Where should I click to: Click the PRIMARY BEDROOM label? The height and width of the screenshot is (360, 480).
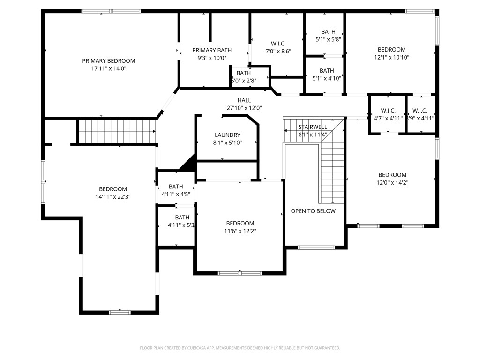pyautogui.click(x=108, y=60)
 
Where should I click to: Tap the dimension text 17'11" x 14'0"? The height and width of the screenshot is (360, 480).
pyautogui.click(x=108, y=68)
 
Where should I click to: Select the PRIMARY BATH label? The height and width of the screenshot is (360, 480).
pyautogui.click(x=212, y=50)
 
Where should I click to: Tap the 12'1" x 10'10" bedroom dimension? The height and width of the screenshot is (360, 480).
pyautogui.click(x=392, y=58)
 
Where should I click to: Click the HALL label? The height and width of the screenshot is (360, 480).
pyautogui.click(x=244, y=100)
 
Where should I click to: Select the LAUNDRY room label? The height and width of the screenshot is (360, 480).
pyautogui.click(x=227, y=135)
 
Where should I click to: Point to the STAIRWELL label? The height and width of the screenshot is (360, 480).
pyautogui.click(x=313, y=127)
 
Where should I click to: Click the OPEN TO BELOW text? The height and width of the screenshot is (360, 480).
pyautogui.click(x=313, y=211)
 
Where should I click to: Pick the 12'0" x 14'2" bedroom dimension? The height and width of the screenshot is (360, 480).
pyautogui.click(x=392, y=183)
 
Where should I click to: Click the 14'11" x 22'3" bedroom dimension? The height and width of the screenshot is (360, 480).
pyautogui.click(x=113, y=197)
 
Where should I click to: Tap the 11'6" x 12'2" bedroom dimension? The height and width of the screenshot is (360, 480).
pyautogui.click(x=240, y=231)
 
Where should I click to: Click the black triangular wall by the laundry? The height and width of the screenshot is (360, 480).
pyautogui.click(x=189, y=164)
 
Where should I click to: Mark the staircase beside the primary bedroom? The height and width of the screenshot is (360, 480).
pyautogui.click(x=116, y=131)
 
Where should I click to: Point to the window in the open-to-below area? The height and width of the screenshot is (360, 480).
pyautogui.click(x=316, y=247)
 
